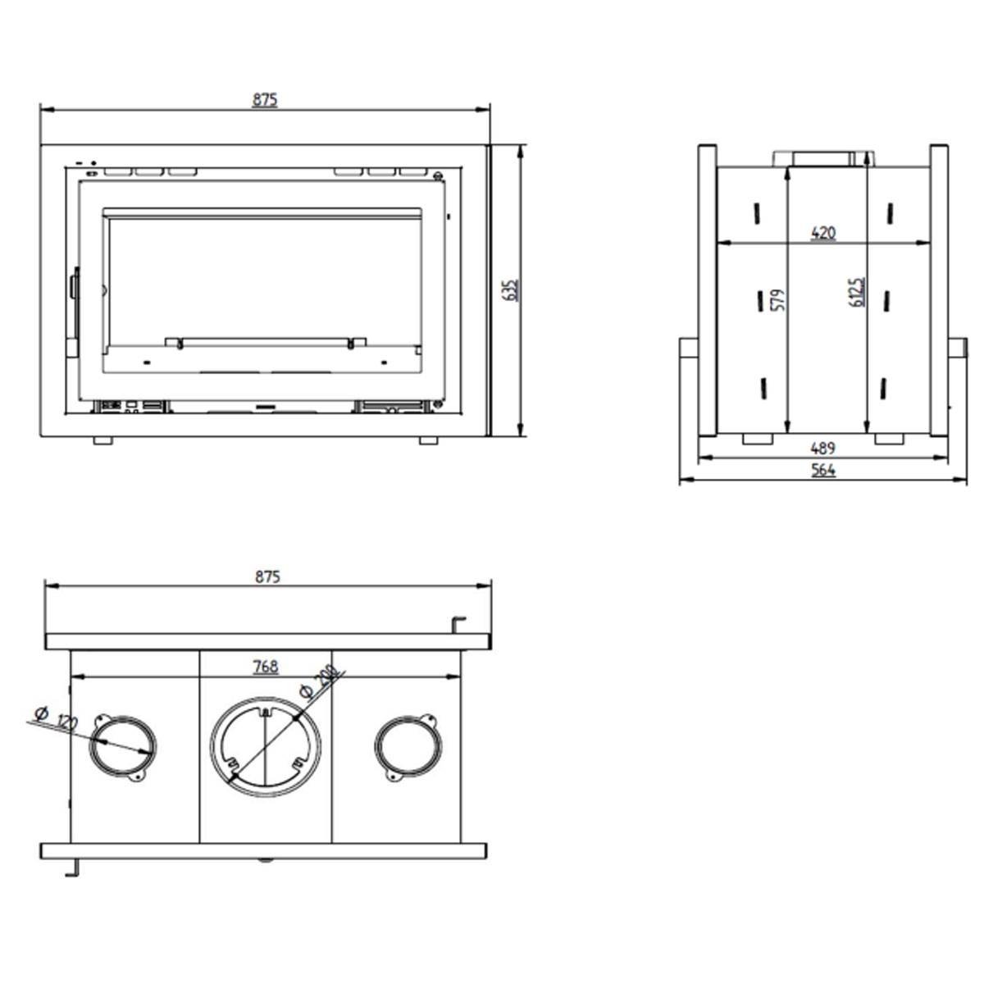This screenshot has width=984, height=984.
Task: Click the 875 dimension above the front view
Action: click(265, 99)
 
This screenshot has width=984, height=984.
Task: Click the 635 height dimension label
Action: click(511, 290)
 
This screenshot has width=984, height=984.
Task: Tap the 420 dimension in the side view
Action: click(822, 233)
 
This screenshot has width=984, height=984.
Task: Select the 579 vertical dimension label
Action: click(779, 298)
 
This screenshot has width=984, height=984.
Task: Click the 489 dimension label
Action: click(822, 448)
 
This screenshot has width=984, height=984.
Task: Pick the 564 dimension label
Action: click(822, 470)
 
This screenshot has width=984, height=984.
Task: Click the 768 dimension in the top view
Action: click(266, 667)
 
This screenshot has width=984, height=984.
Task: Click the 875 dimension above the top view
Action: click(267, 576)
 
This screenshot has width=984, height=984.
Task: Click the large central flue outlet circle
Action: click(265, 747)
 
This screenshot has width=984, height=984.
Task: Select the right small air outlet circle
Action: click(408, 745)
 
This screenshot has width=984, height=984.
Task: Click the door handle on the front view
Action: click(74, 287)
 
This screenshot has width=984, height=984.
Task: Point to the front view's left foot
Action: click(102, 440)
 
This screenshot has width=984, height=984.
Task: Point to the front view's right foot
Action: click(428, 440)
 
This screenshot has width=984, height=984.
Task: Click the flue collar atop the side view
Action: click(822, 157)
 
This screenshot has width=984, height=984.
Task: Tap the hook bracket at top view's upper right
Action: click(459, 625)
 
